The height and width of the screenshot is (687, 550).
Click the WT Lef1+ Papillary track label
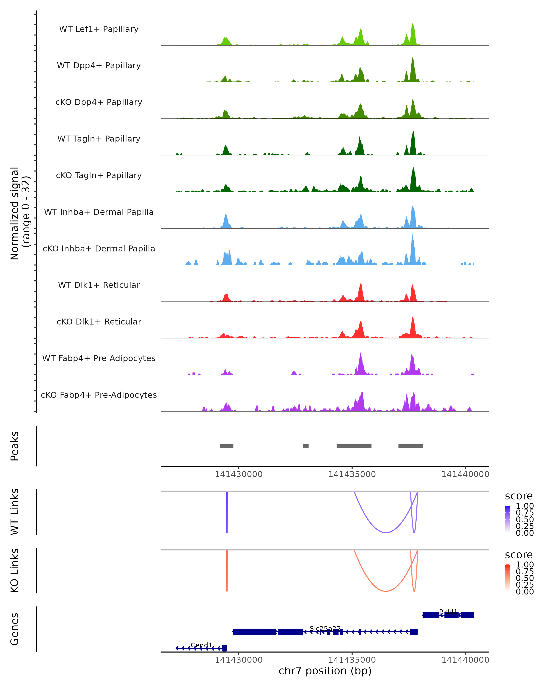99,29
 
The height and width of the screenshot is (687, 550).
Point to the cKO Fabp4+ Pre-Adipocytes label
99,395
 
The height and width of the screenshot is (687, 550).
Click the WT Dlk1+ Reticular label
99,285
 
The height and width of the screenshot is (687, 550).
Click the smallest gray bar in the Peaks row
306,446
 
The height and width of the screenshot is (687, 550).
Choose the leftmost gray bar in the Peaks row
227,446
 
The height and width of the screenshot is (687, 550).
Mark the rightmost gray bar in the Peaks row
410,446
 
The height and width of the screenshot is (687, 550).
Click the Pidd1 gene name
448,611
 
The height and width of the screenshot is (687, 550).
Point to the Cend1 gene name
201,645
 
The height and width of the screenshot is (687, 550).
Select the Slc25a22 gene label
325,628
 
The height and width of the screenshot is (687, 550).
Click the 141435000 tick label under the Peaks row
352,474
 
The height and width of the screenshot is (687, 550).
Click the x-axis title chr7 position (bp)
325,671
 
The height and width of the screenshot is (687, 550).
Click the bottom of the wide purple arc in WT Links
386,532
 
